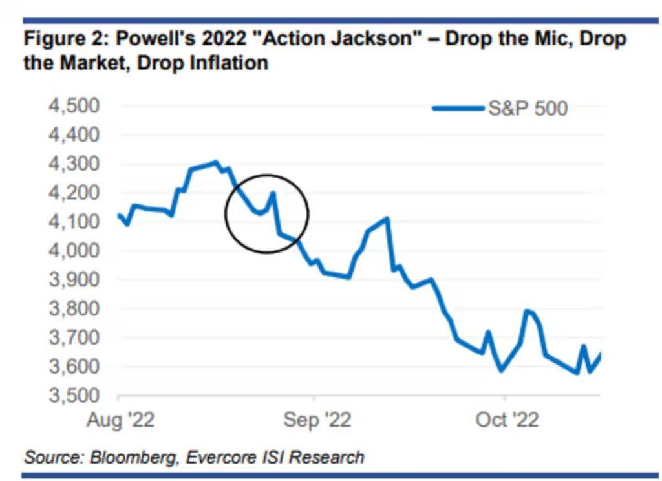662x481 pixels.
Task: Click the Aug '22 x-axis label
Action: (x=120, y=420)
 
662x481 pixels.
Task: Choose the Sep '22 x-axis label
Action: (x=317, y=420)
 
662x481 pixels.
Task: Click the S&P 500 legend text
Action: (x=528, y=108)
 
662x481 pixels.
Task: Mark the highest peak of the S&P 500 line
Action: (x=216, y=162)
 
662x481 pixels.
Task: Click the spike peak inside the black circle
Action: (x=273, y=193)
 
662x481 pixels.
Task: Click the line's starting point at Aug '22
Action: (x=118, y=215)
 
